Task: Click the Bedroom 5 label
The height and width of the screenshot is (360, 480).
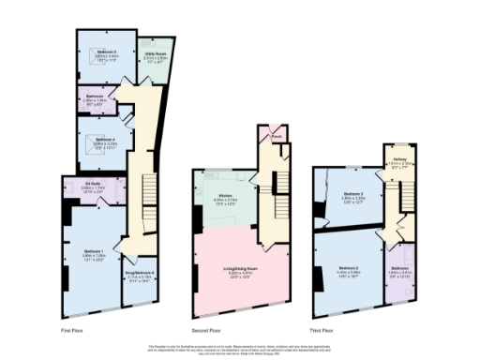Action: [97, 52]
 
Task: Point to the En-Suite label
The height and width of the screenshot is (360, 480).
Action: [92, 184]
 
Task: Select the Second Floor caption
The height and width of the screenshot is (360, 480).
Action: [207, 330]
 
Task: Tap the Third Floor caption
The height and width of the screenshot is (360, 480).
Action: [322, 330]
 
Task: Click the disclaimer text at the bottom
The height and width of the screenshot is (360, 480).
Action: [239, 348]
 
